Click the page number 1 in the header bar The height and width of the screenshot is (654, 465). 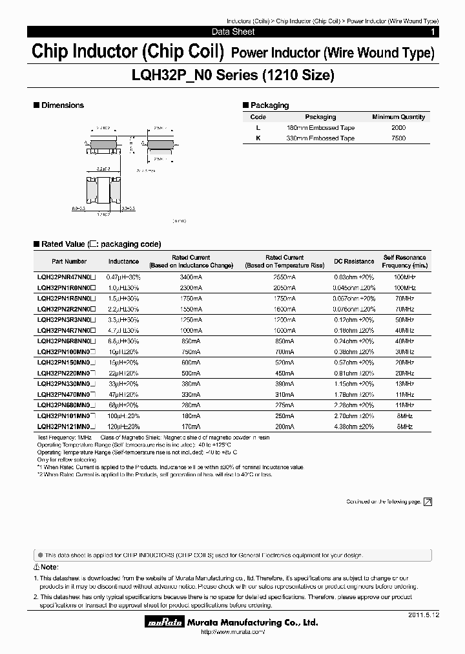coord(432,32)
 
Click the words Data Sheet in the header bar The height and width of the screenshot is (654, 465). coord(233,32)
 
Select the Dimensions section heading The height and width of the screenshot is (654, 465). coord(63,105)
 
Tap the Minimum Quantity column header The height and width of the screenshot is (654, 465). coord(398,117)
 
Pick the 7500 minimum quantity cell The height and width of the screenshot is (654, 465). coord(398,138)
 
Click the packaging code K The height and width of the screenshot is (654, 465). coord(258,138)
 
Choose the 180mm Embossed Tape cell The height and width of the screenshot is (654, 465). coord(320,128)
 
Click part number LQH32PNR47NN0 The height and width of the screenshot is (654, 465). coord(67,276)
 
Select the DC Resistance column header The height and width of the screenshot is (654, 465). coord(353,261)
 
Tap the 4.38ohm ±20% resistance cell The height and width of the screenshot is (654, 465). coord(353,427)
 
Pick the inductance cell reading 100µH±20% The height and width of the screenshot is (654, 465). coord(123,416)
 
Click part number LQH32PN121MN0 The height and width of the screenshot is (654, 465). coord(67,427)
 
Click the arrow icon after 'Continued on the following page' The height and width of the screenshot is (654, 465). coord(428,501)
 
